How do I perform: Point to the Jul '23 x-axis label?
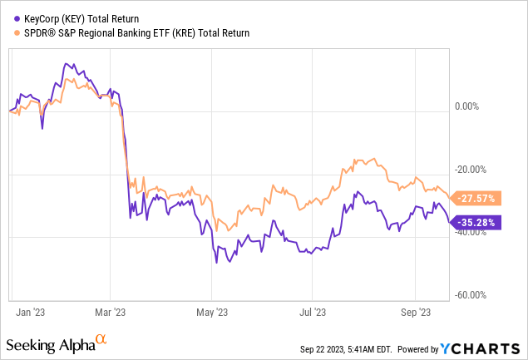pyautogui.click(x=312, y=312)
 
